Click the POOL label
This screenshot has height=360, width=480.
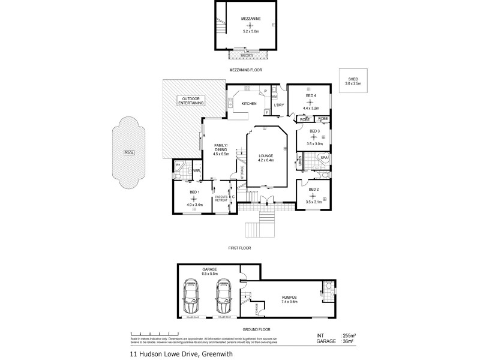point(129,152)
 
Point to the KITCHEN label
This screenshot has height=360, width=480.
point(249,104)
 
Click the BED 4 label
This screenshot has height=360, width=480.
point(310,95)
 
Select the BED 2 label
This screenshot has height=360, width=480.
point(313,189)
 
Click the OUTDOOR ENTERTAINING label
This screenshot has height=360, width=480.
point(191,100)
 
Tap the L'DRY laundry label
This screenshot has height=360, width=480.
point(278,105)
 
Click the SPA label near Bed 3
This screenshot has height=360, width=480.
point(323,157)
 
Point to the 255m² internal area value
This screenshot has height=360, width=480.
point(350,335)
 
